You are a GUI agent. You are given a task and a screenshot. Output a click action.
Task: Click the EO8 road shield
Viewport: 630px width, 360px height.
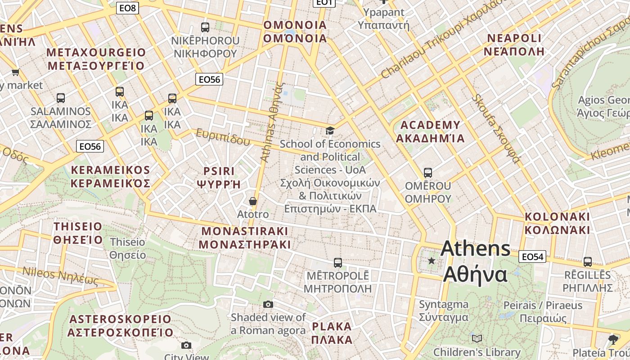pos(127,8)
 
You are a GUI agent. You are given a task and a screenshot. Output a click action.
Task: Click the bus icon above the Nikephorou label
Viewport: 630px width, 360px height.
pos(205,27)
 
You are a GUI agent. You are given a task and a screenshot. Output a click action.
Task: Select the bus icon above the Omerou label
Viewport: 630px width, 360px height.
pos(428,173)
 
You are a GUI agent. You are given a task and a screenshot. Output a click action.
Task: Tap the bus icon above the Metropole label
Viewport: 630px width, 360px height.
pos(337,263)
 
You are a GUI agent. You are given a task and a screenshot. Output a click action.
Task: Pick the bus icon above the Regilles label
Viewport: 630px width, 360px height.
pos(587,262)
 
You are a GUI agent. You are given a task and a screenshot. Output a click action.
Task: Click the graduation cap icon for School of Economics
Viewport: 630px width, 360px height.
pos(330,131)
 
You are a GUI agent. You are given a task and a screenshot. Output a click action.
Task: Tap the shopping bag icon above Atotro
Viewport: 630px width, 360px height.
pos(253,201)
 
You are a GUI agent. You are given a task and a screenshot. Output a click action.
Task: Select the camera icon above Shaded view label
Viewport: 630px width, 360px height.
pos(268,305)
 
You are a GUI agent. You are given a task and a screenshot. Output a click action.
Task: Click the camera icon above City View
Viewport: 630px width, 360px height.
pos(186,345)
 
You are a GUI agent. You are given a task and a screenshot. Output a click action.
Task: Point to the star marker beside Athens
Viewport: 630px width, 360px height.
pos(432,261)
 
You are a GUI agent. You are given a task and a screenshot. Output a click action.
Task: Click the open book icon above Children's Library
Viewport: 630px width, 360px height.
pos(477,338)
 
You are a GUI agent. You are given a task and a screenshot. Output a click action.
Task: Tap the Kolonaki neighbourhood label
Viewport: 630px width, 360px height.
pos(557,223)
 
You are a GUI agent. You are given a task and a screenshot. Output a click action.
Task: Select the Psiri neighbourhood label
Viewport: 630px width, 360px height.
pos(219,177)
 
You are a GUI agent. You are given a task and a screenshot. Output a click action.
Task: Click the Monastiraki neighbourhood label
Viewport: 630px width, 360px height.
pos(245,238)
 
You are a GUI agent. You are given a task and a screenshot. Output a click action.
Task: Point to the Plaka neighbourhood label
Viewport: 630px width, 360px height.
pos(332,333)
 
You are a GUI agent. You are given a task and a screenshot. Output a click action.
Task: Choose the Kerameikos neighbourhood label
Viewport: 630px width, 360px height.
pos(111,176)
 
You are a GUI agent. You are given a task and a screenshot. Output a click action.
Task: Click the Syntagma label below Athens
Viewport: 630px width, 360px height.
pos(444,310)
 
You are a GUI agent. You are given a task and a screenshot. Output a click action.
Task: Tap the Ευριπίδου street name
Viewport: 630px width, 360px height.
pos(222,137)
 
